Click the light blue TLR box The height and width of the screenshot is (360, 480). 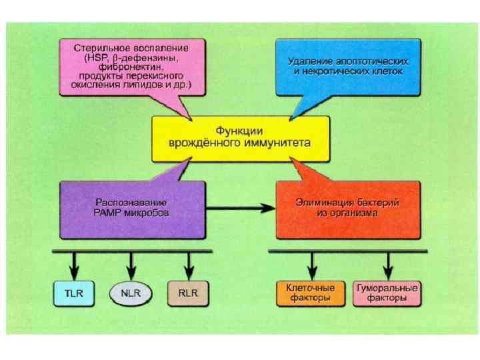click(74, 293)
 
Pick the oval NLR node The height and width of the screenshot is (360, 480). click(131, 293)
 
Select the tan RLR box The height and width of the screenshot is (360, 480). click(189, 293)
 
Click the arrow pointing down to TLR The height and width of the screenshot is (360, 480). click(74, 267)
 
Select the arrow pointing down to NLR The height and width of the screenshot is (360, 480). click(131, 267)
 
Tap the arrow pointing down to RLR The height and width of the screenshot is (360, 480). click(189, 267)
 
